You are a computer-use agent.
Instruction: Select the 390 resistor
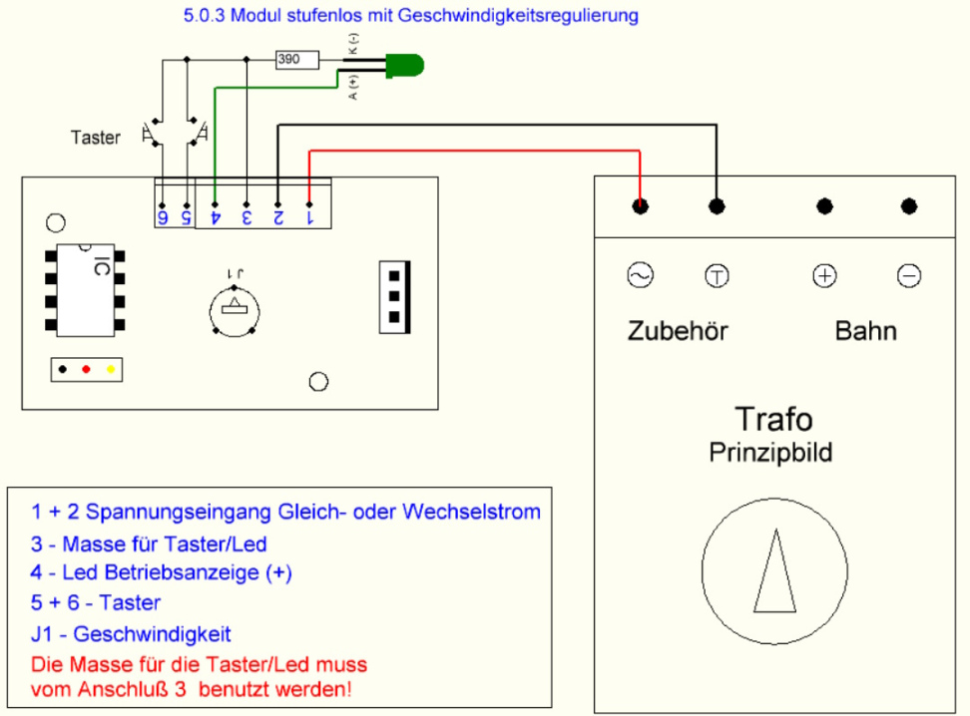point(297,60)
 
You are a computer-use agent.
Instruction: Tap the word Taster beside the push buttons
point(97,138)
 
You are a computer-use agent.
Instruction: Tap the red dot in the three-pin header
point(87,369)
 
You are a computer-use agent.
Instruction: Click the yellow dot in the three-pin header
point(111,369)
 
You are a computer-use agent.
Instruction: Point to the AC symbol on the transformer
point(639,275)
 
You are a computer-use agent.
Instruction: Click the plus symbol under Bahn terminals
point(824,275)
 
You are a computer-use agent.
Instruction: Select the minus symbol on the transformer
point(909,275)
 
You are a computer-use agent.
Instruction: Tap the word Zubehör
point(678,331)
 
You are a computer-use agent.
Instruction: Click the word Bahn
point(865,331)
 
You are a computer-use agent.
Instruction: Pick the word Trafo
point(772,420)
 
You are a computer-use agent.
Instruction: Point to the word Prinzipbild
point(770,453)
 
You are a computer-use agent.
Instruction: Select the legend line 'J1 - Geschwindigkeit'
point(131,633)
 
